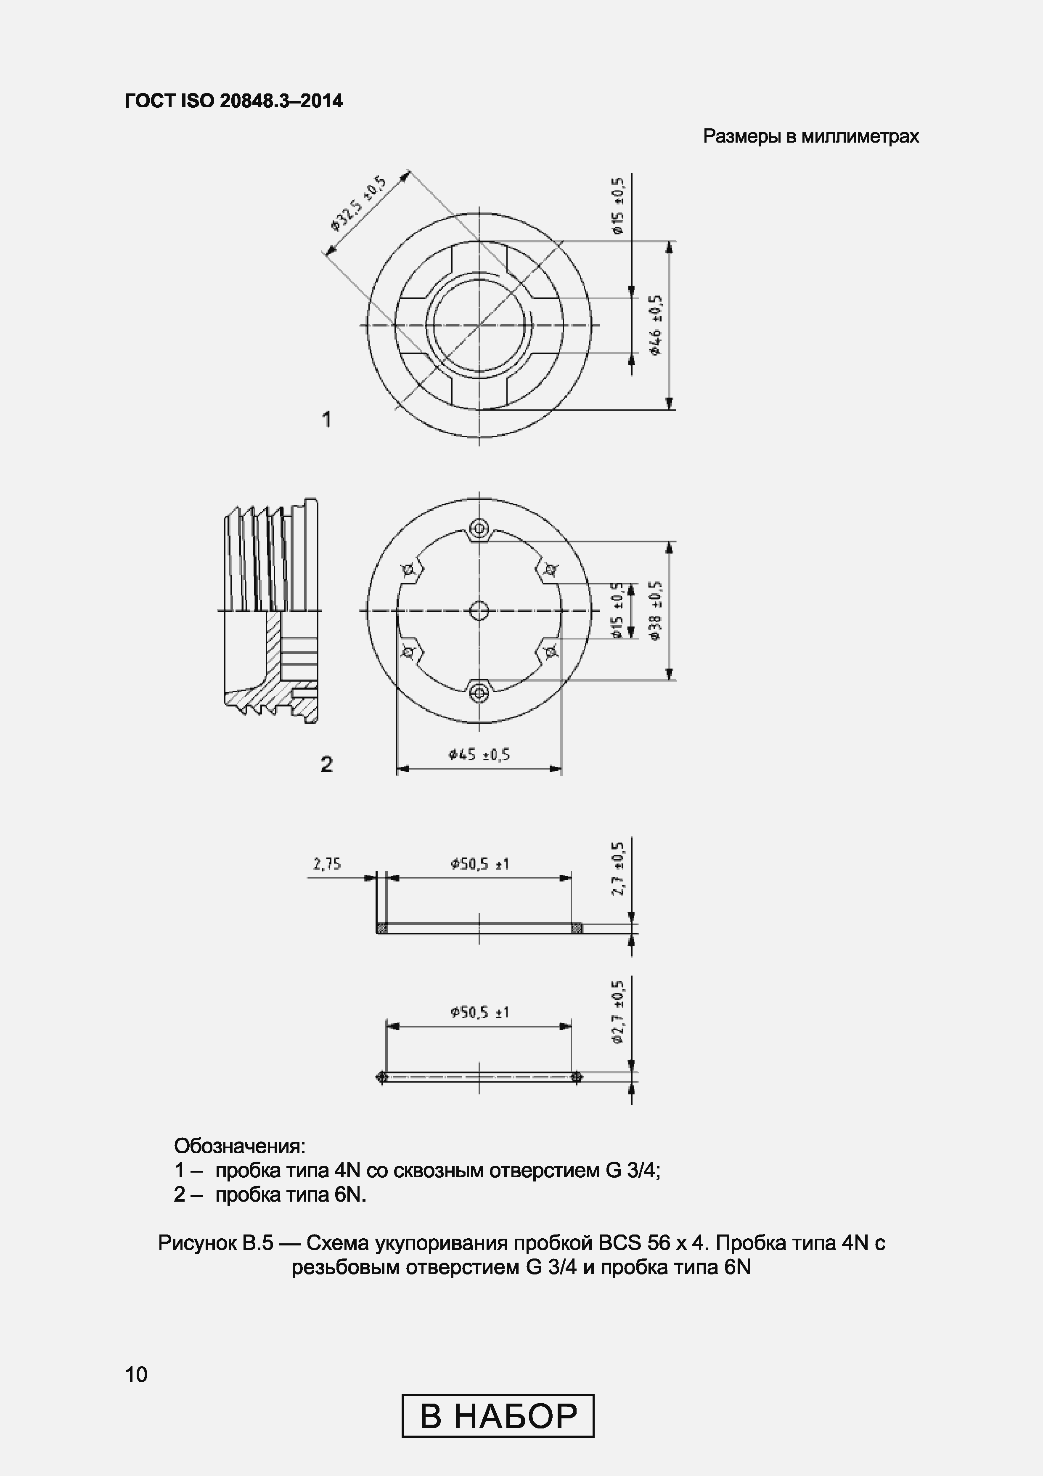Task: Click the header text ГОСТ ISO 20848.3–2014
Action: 234,101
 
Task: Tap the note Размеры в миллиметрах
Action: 811,136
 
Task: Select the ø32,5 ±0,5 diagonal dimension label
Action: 359,202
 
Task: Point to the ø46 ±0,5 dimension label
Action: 656,325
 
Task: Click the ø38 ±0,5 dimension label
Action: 656,610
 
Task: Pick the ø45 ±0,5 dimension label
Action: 479,755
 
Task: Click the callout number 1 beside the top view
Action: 326,420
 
